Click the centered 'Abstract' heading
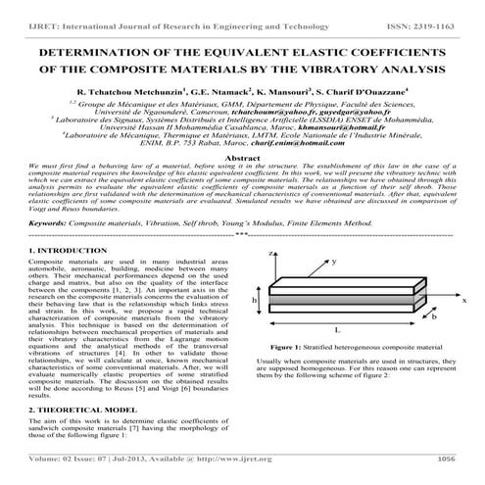tap(242, 157)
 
